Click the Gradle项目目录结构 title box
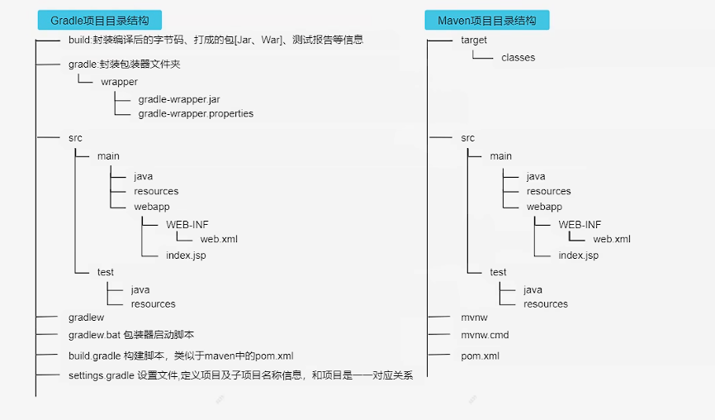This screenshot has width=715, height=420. [100, 21]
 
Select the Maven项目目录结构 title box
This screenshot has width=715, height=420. [486, 21]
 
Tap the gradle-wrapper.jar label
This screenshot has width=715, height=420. [179, 99]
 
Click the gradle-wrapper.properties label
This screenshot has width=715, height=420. [196, 114]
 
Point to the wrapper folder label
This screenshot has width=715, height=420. [120, 82]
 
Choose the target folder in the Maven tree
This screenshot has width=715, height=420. [474, 40]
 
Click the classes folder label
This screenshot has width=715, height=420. [518, 58]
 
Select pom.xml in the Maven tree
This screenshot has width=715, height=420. [480, 356]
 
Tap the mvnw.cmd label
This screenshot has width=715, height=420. [485, 336]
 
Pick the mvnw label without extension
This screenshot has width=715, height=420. [475, 317]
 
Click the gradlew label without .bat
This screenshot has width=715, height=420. [86, 317]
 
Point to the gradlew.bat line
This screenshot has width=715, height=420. [131, 336]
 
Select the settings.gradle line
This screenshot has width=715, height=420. [240, 375]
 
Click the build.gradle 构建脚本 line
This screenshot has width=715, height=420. [181, 356]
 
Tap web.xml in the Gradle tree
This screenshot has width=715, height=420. [219, 240]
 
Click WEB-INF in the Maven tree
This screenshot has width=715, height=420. [580, 225]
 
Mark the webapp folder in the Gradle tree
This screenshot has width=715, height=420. [152, 207]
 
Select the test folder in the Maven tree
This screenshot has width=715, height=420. [498, 272]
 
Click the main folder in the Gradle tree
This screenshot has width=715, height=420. [108, 156]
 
